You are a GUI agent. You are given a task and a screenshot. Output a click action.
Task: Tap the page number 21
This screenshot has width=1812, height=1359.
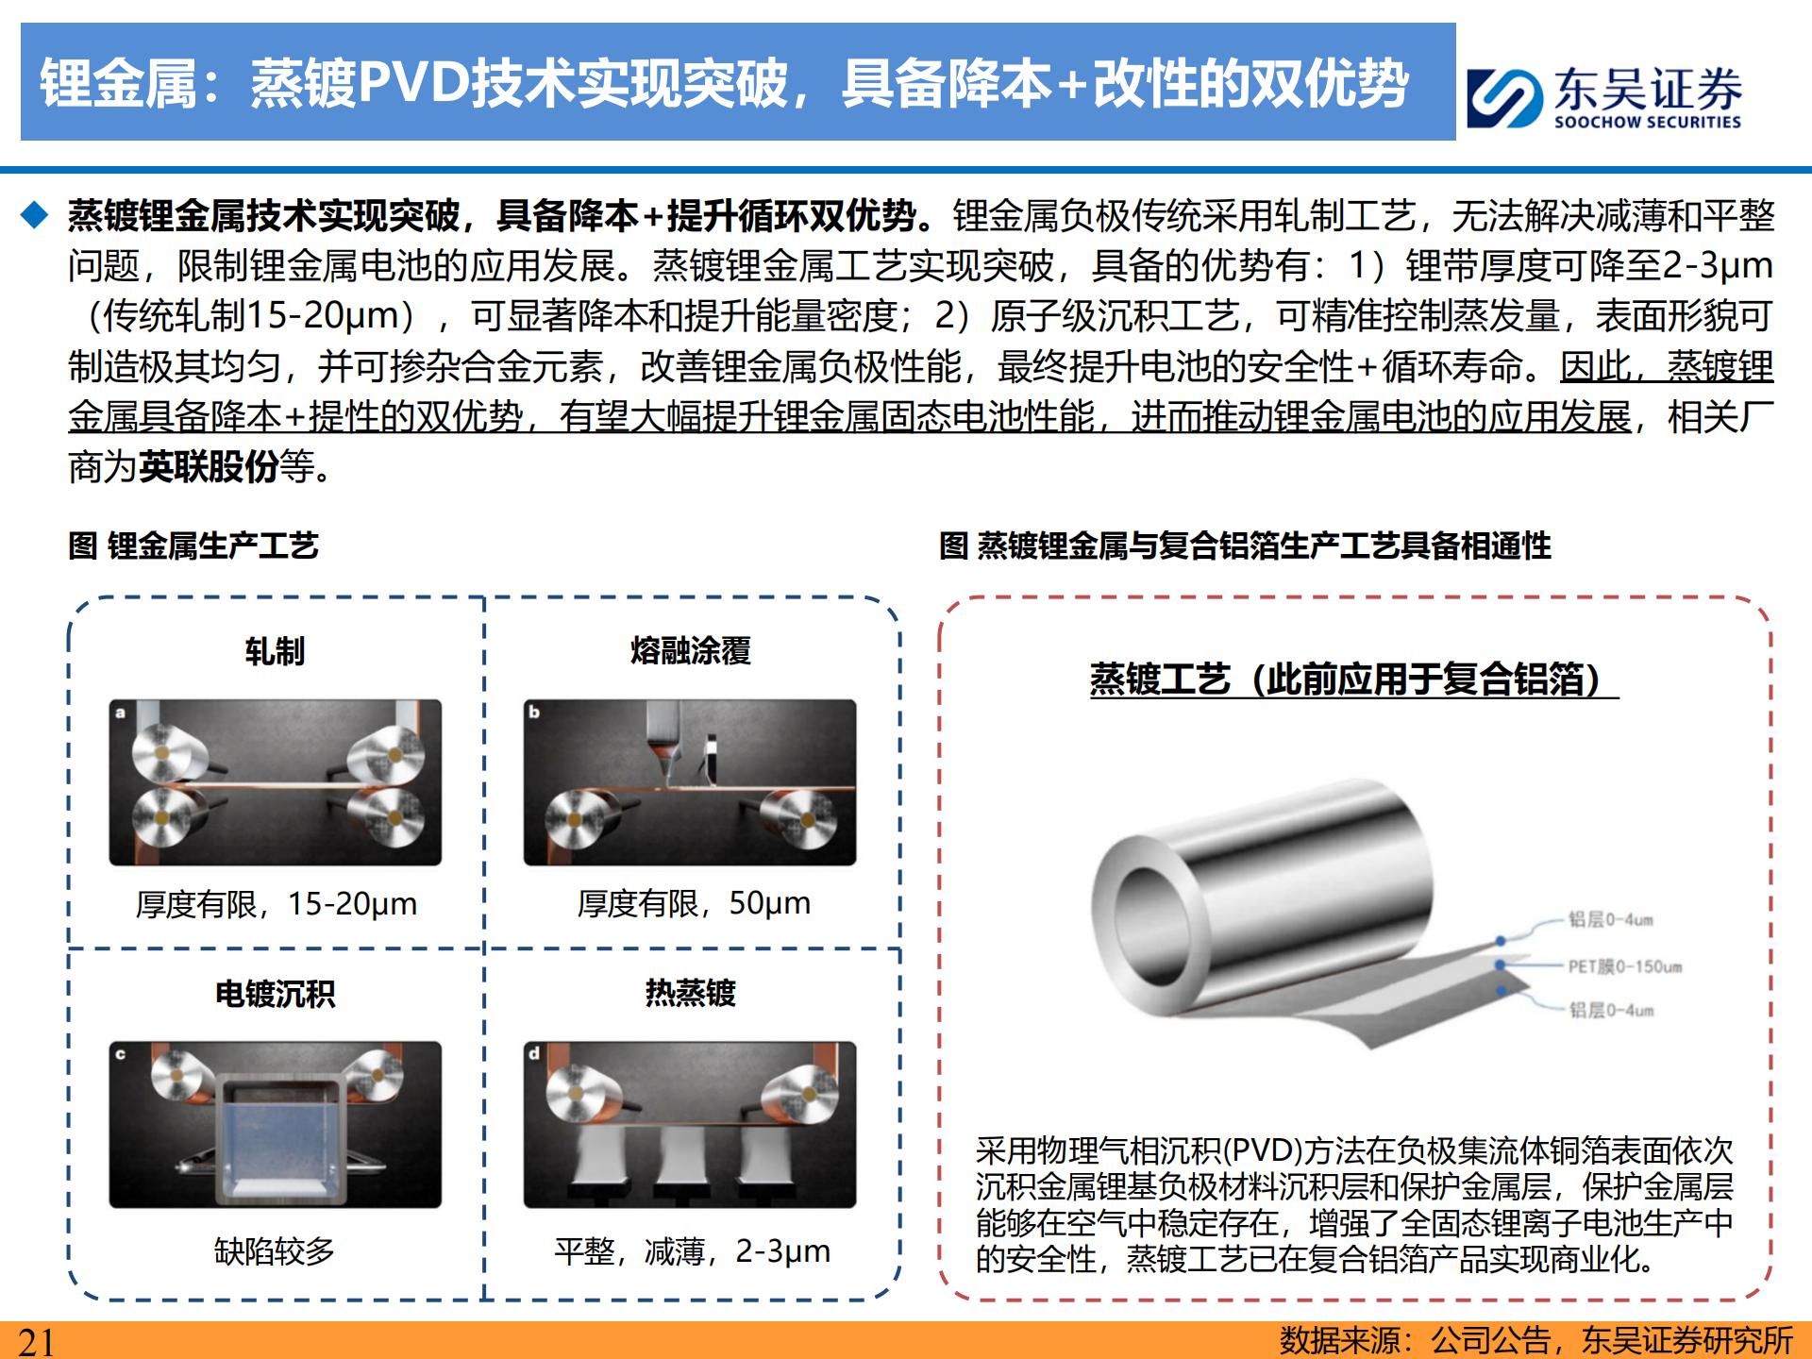tap(37, 1341)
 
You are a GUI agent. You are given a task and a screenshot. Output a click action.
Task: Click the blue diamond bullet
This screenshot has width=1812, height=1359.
tap(35, 216)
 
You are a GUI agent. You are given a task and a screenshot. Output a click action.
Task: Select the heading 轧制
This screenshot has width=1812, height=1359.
tap(275, 651)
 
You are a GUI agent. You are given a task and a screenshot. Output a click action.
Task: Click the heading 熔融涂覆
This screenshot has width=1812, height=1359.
tap(690, 651)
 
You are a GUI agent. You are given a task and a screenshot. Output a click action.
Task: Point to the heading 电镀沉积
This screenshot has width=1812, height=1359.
tap(275, 994)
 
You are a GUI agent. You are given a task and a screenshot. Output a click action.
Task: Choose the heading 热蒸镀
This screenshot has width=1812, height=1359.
tap(690, 993)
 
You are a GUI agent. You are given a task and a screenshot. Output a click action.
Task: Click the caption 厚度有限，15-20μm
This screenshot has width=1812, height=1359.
tap(276, 904)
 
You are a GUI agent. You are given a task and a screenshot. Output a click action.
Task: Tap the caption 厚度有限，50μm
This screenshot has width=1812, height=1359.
tap(694, 903)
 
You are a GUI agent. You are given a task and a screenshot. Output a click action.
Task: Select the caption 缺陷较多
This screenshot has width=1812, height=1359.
tap(275, 1251)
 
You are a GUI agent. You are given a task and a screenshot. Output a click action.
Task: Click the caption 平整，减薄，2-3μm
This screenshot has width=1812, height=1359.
tap(692, 1251)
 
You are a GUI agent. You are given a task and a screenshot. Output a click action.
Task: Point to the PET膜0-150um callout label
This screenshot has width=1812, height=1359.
tap(1625, 966)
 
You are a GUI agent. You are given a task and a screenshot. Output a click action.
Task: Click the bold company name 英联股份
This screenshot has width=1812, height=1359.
tap(209, 466)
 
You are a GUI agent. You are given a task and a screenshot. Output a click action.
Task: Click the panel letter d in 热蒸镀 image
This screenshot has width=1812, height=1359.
tap(535, 1053)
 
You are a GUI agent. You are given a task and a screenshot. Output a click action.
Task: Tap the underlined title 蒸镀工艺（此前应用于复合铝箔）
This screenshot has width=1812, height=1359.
tap(1353, 679)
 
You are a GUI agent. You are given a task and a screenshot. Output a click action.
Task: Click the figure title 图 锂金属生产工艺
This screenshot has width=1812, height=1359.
tap(193, 545)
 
